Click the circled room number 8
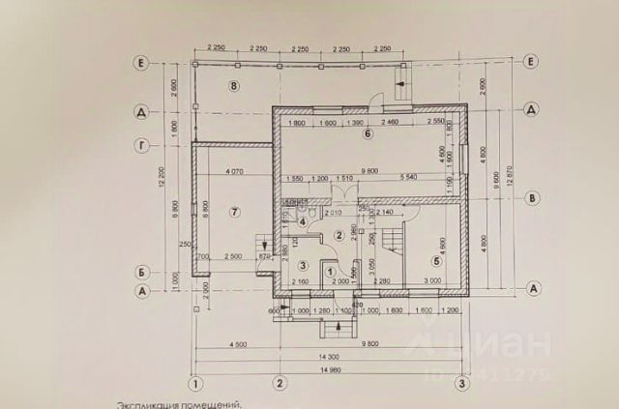(233, 86)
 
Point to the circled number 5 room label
(437, 259)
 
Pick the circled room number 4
(303, 222)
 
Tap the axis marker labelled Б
(141, 272)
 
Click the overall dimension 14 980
(330, 369)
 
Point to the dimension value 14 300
(330, 358)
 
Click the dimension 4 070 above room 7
(232, 172)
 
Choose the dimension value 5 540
(407, 178)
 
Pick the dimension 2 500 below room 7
(233, 257)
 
